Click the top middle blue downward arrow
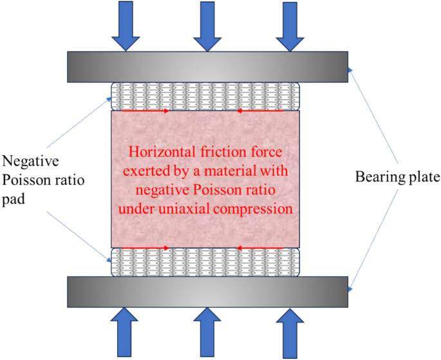pos(207,24)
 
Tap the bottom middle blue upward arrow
pos(207,334)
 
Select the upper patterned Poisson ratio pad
pos(206,96)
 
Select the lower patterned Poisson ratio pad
pos(206,262)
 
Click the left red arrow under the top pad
pos(145,111)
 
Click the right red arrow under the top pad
pos(260,111)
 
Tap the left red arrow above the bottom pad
pos(145,247)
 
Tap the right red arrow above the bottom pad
pos(260,247)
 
